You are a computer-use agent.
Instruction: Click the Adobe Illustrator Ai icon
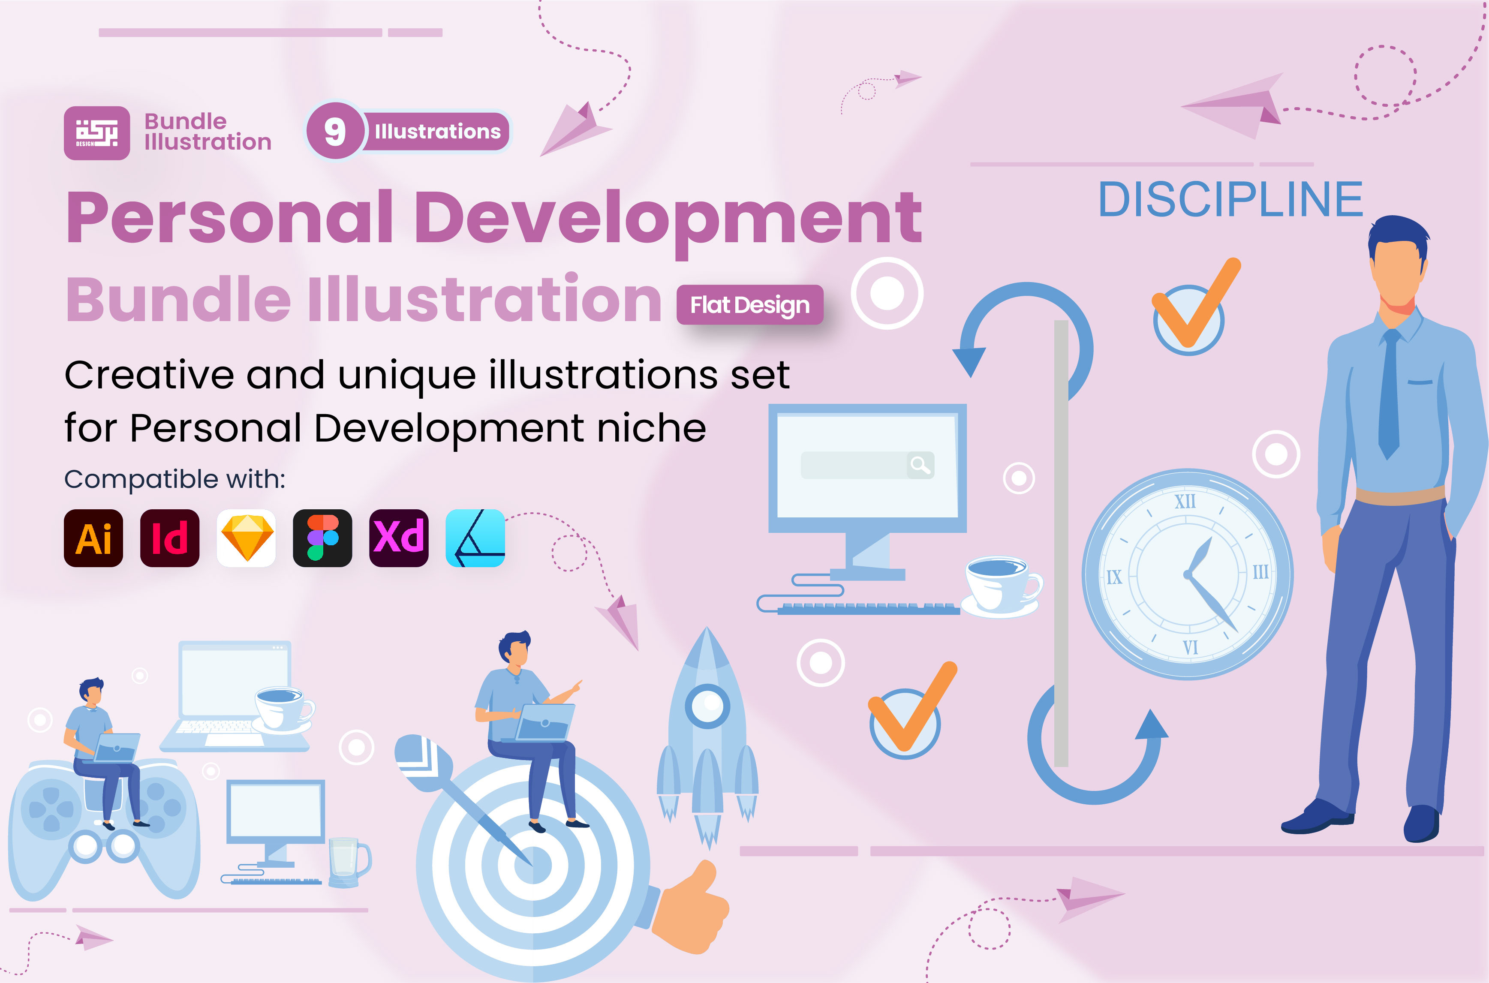click(x=93, y=538)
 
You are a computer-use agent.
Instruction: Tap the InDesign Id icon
click(x=170, y=538)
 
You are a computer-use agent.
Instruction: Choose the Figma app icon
click(x=322, y=538)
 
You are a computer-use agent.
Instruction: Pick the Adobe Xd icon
click(x=399, y=538)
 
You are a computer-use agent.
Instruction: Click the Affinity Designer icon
click(x=475, y=538)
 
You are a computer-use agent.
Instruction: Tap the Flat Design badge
click(x=750, y=305)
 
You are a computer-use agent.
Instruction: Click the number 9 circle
click(x=335, y=132)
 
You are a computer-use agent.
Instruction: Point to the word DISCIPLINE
click(x=1231, y=200)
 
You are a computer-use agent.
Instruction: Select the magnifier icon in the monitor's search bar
click(x=920, y=465)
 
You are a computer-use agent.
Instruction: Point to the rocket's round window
click(x=708, y=706)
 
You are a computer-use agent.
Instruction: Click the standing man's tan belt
click(x=1400, y=495)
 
